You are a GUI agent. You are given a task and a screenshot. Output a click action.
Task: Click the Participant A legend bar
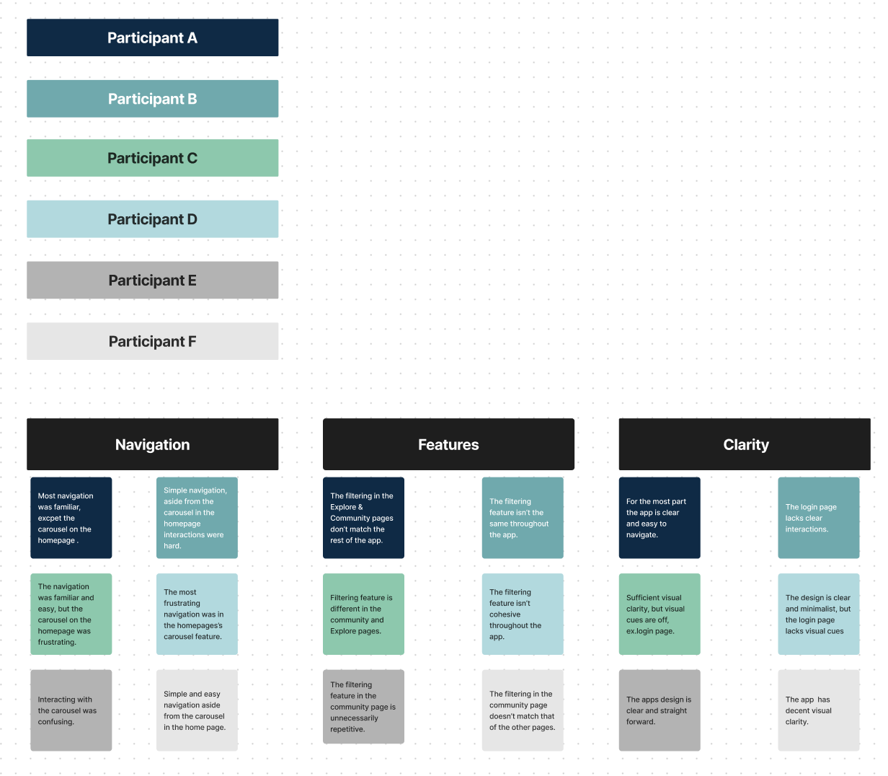point(152,38)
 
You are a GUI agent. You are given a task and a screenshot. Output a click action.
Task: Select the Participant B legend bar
point(152,99)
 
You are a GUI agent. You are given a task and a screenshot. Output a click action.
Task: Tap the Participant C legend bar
point(152,158)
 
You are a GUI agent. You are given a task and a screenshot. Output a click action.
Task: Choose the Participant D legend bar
point(152,219)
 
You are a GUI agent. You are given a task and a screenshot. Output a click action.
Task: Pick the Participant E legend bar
point(152,280)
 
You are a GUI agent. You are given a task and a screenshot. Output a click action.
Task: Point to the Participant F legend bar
point(152,341)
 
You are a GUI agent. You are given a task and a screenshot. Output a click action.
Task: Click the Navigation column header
point(152,444)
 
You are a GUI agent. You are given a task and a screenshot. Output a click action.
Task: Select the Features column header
point(448,444)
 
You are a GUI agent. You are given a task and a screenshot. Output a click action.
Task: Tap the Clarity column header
point(745,444)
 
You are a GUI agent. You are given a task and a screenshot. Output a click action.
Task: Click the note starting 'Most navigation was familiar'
point(71,518)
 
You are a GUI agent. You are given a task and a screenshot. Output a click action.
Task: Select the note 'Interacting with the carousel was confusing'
point(71,710)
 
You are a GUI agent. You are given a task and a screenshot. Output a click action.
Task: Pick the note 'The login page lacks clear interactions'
point(819,518)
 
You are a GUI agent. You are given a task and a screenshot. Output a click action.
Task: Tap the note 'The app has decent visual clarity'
point(819,710)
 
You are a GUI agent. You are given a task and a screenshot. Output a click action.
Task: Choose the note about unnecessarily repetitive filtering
point(363,707)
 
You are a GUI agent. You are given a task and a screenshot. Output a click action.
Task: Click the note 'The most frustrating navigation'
point(197,614)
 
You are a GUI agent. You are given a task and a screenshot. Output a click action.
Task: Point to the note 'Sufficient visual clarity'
point(660,614)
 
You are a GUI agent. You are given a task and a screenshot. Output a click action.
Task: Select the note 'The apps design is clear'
point(660,710)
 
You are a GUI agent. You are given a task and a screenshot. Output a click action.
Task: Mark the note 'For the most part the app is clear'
point(660,518)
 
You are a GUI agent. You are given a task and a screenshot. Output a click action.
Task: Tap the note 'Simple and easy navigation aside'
point(197,710)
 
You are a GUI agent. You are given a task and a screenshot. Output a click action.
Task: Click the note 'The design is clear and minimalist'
point(819,614)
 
